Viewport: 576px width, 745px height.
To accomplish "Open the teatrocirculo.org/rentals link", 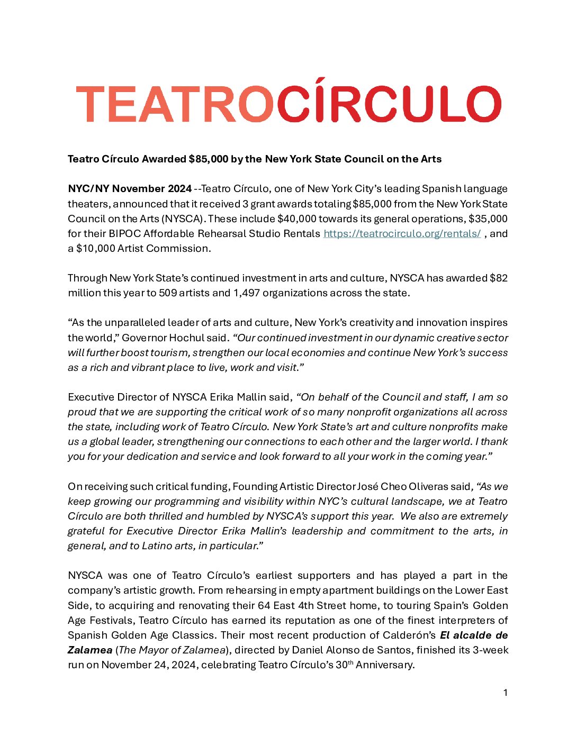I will point(402,233).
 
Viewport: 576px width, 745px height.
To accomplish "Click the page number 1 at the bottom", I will point(505,693).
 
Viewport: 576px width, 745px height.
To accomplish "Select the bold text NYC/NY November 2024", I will point(130,189).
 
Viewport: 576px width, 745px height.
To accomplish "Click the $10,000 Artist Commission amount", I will point(96,248).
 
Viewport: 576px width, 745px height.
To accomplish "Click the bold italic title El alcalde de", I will point(474,635).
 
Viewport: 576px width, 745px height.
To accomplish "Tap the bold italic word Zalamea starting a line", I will point(89,650).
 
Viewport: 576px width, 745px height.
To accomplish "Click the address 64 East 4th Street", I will point(302,605).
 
